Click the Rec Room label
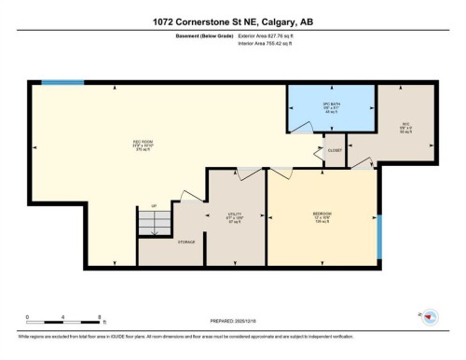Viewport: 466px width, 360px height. (143, 144)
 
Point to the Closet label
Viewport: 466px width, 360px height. (334, 150)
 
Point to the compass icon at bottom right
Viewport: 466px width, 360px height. (430, 318)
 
